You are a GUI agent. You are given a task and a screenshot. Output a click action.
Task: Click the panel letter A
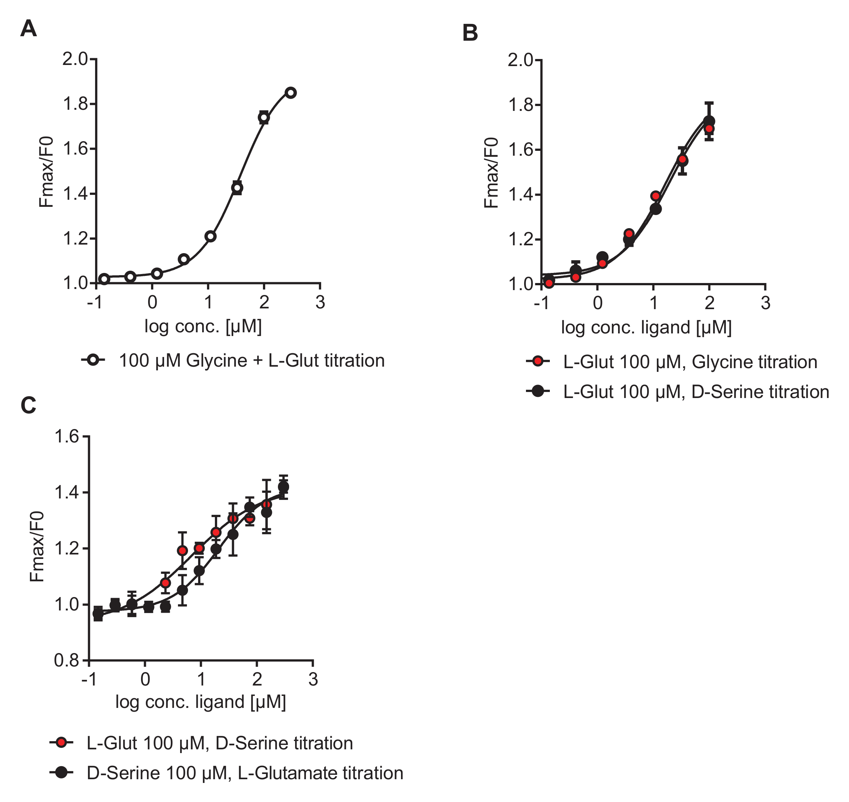[28, 29]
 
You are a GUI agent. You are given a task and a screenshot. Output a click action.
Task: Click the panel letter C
[28, 405]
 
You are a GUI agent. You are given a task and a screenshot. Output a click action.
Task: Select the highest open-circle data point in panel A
[291, 93]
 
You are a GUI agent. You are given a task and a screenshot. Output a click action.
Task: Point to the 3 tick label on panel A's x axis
[320, 303]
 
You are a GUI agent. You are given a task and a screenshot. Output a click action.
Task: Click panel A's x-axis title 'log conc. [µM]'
[203, 327]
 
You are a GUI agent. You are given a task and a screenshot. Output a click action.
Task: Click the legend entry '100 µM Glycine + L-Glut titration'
[251, 361]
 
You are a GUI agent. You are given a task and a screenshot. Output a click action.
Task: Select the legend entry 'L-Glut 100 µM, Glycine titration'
[690, 362]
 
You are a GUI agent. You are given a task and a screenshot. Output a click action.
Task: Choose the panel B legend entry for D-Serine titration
[696, 392]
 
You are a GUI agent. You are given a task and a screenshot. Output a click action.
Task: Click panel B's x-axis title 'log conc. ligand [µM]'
[646, 327]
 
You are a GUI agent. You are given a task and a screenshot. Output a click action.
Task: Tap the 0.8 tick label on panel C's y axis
[67, 660]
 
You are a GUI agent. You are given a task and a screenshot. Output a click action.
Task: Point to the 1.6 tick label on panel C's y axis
[67, 436]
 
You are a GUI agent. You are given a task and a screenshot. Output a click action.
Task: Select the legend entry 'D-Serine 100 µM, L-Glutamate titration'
[245, 773]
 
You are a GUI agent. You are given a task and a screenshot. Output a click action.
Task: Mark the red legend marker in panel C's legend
[62, 743]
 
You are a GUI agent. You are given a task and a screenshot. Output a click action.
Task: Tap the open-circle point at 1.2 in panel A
[210, 236]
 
